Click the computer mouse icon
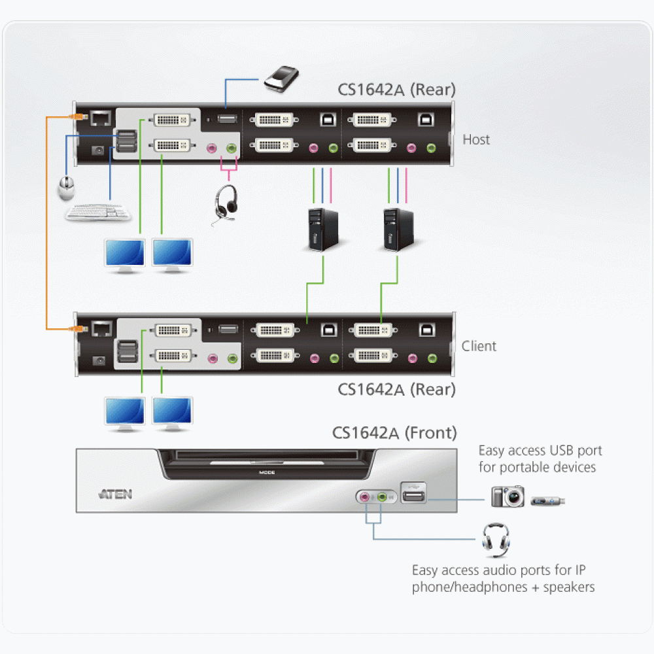pos(66,188)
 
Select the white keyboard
pos(99,213)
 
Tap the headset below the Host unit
pos(226,204)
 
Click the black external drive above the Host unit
pos(281,78)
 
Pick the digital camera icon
pos(508,496)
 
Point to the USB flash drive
pos(547,501)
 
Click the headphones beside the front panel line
pos(496,540)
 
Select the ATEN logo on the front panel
pos(115,494)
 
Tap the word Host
pos(476,139)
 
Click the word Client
pos(479,346)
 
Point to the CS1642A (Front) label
pos(394,433)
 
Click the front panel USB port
pos(413,495)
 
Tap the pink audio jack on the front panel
pos(365,497)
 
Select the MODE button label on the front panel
pos(267,473)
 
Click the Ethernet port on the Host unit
pos(101,118)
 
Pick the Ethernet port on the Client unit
pos(102,329)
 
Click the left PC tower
pos(322,230)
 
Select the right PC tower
pos(398,230)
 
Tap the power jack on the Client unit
pos(99,361)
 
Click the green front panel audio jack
pos(382,497)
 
